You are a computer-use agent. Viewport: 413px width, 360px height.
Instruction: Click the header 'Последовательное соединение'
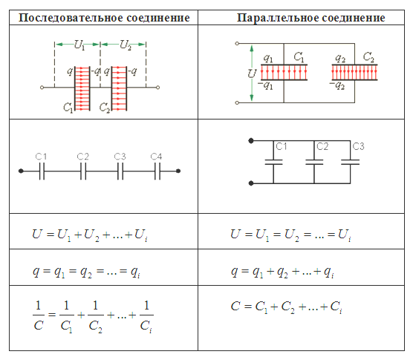tap(104, 18)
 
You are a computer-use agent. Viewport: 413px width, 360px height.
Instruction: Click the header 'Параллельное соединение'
tap(310, 18)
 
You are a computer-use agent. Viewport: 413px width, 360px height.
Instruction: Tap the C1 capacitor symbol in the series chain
tap(42, 171)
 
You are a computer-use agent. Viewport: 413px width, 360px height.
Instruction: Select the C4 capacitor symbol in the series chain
tap(157, 171)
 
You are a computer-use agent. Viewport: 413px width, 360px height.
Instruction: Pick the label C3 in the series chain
tap(120, 157)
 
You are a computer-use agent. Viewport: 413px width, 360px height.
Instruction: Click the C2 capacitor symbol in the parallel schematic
tap(314, 162)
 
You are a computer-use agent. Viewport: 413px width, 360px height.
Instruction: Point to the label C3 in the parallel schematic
tap(358, 146)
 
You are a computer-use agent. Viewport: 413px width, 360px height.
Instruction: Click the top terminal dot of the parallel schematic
tap(251, 141)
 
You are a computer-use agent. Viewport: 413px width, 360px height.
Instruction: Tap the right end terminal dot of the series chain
tap(178, 171)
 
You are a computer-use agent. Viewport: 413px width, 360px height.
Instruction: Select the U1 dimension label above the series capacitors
tap(79, 45)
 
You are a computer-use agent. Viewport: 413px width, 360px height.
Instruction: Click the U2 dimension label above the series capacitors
tap(125, 45)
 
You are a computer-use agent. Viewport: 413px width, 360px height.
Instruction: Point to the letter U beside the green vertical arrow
tap(252, 73)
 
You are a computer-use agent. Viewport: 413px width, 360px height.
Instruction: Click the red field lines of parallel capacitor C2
tap(354, 72)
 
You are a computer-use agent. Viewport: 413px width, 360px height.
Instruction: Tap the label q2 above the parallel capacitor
tap(340, 58)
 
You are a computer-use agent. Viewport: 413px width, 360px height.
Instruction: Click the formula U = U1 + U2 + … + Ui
tap(90, 235)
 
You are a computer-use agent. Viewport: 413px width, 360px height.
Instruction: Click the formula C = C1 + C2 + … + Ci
tap(286, 307)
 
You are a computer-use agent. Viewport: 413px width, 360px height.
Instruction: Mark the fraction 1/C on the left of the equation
tap(39, 315)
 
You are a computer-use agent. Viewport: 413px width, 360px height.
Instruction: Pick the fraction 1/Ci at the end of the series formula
tap(146, 317)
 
